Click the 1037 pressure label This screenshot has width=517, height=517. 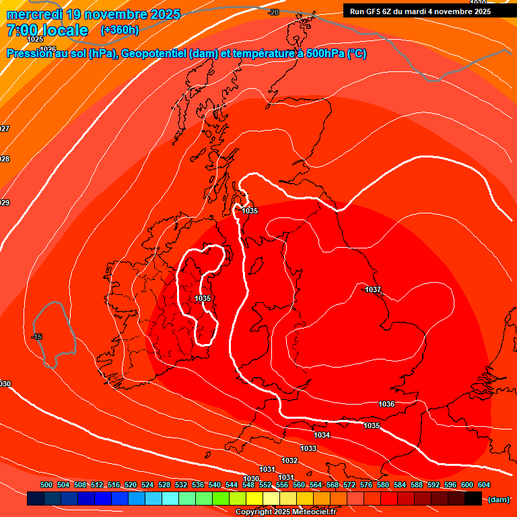tap(372, 289)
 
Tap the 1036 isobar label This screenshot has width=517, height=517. tap(386, 404)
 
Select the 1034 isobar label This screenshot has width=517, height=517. tap(322, 435)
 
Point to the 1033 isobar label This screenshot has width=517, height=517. tap(308, 448)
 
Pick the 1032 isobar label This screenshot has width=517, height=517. tap(289, 460)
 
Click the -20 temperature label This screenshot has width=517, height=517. tap(273, 12)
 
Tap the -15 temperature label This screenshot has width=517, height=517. tap(37, 337)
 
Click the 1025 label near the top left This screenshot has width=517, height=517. tap(35, 39)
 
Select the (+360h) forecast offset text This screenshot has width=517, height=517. tap(120, 30)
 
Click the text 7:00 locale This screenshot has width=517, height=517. tap(47, 30)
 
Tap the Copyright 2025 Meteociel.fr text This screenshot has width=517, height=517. tap(285, 512)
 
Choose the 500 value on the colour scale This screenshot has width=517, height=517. tap(46, 485)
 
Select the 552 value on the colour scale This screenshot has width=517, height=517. tap(265, 485)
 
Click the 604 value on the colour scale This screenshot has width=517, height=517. tap(484, 485)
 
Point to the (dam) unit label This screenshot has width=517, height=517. tap(497, 499)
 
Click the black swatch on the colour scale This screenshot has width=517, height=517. tap(473, 499)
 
